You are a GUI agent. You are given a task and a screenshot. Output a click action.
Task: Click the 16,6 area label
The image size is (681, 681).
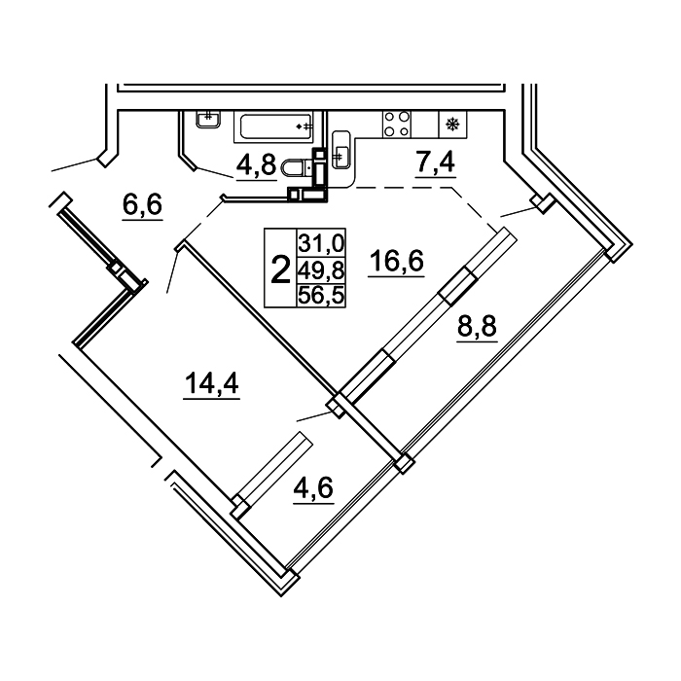click(396, 262)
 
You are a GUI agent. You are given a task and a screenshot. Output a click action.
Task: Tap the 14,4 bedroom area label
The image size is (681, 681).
click(211, 383)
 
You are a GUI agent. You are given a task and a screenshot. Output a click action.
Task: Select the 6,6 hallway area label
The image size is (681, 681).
click(142, 204)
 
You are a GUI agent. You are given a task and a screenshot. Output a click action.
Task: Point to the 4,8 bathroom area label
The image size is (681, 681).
click(256, 164)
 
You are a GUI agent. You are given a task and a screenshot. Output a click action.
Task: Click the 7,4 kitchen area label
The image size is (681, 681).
click(435, 162)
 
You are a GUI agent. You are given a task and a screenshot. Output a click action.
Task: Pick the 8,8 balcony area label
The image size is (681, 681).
click(477, 326)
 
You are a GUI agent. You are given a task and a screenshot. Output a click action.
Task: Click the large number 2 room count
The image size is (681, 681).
click(280, 269)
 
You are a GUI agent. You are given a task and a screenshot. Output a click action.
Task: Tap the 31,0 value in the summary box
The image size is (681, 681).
click(321, 242)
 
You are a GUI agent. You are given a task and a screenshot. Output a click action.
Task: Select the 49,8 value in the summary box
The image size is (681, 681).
click(321, 271)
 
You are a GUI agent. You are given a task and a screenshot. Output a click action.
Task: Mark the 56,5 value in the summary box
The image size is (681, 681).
click(321, 297)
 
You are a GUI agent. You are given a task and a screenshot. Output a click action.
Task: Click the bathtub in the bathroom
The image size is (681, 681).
click(273, 126)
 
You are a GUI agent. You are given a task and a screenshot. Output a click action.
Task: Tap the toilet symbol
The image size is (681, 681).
click(297, 167)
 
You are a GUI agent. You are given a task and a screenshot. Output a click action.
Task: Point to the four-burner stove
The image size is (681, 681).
click(397, 125)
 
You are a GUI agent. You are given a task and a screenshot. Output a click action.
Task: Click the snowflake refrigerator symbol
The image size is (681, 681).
click(453, 125)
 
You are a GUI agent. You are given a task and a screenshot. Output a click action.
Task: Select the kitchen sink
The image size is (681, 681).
click(340, 149)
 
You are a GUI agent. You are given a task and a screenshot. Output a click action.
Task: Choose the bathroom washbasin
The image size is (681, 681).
click(209, 119)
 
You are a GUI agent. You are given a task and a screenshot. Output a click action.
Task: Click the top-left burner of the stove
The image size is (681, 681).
click(390, 117)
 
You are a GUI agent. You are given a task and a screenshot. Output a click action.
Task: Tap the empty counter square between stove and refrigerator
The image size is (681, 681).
click(425, 125)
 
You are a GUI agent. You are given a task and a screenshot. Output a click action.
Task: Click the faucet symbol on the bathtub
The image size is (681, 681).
click(305, 126)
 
